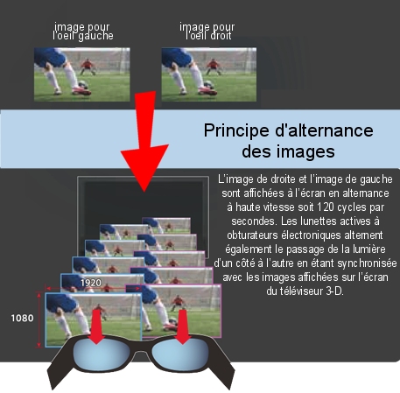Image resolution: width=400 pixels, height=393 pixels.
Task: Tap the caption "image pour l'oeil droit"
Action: coord(207,32)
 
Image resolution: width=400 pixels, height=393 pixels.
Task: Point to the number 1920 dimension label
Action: coord(91,283)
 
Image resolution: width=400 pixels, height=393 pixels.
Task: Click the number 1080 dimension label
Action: coord(22,318)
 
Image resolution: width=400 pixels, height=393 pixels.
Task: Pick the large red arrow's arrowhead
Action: coord(144,165)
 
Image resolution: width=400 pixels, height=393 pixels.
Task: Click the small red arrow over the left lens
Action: coord(95,326)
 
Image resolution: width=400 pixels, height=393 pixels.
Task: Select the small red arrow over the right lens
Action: coord(183,326)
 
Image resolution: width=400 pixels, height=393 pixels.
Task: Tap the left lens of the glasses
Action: coord(101,353)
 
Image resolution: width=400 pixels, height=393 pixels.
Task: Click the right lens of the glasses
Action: coord(180,353)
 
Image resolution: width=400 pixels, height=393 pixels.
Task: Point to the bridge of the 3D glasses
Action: coord(141,347)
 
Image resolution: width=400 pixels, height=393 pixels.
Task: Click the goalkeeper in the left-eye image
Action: coord(88,67)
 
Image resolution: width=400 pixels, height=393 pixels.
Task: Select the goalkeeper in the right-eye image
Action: coord(214,67)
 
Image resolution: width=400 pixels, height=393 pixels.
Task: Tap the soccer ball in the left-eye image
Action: coord(83,84)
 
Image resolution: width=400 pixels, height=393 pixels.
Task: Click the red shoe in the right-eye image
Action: coord(207,91)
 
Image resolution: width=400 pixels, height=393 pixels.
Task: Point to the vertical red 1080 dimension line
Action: coord(39,320)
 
